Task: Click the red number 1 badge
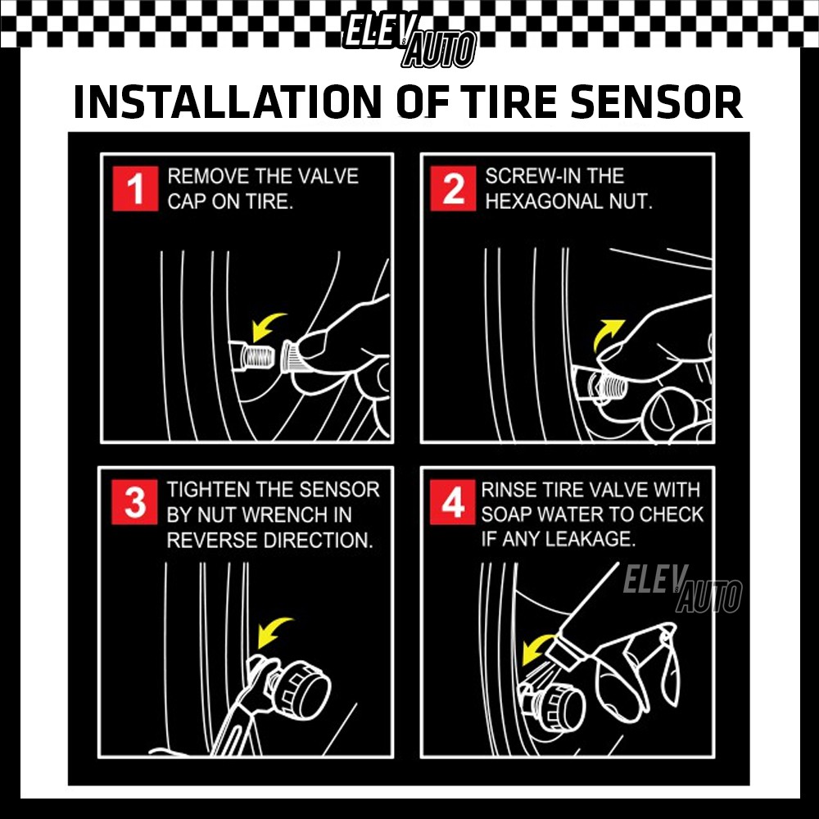pos(135,188)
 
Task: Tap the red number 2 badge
pos(453,188)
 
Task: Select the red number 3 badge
pos(134,502)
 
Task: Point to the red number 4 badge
pos(452,502)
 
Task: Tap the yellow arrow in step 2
pos(606,333)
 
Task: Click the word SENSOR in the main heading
pos(656,102)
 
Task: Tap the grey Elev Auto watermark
pos(682,589)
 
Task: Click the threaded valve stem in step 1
pos(253,357)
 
